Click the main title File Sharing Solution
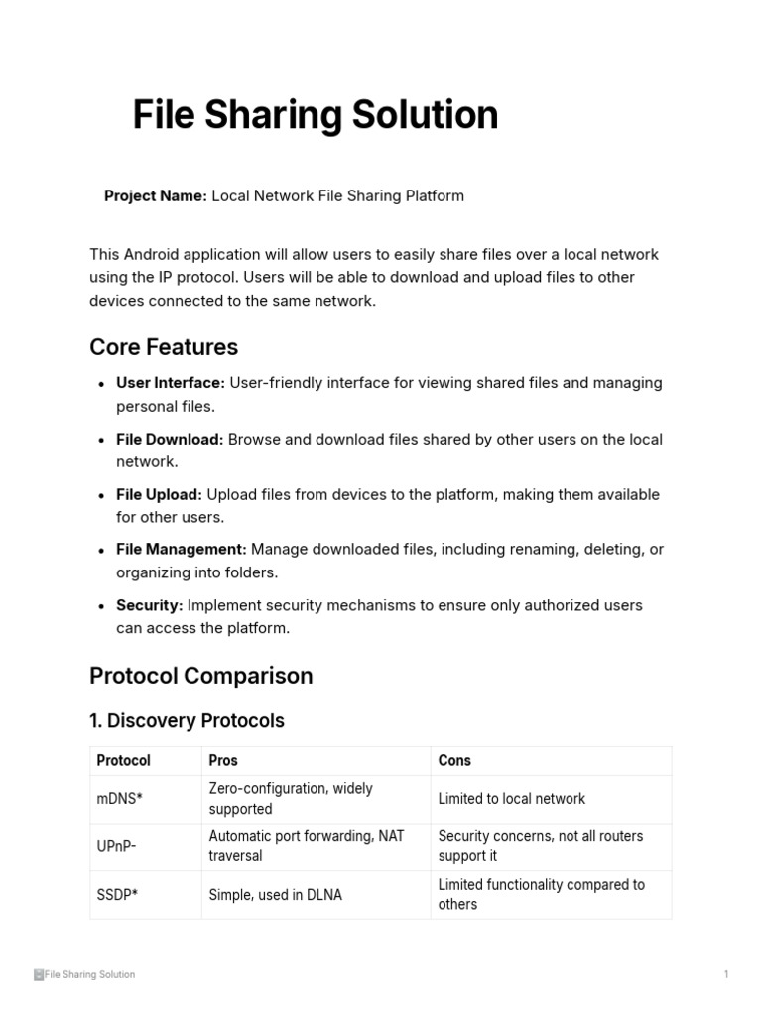pyautogui.click(x=316, y=115)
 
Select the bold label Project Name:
pyautogui.click(x=156, y=195)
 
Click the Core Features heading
pyautogui.click(x=164, y=347)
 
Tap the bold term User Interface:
pyautogui.click(x=171, y=383)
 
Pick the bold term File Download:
pyautogui.click(x=170, y=439)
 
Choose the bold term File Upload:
pyautogui.click(x=159, y=494)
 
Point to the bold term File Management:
pyautogui.click(x=182, y=549)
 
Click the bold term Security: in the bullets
pyautogui.click(x=150, y=605)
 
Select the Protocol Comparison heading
pyautogui.click(x=200, y=676)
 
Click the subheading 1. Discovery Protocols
pyautogui.click(x=187, y=721)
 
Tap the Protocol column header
pyautogui.click(x=124, y=761)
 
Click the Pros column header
pyautogui.click(x=223, y=761)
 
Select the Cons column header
pyautogui.click(x=454, y=761)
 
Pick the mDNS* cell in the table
pyautogui.click(x=120, y=799)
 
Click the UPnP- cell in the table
pyautogui.click(x=117, y=846)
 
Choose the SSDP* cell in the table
pyautogui.click(x=117, y=894)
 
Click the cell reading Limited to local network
pyautogui.click(x=511, y=799)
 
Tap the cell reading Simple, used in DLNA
pyautogui.click(x=275, y=894)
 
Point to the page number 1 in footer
pyautogui.click(x=726, y=974)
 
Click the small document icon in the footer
pyautogui.click(x=39, y=974)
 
